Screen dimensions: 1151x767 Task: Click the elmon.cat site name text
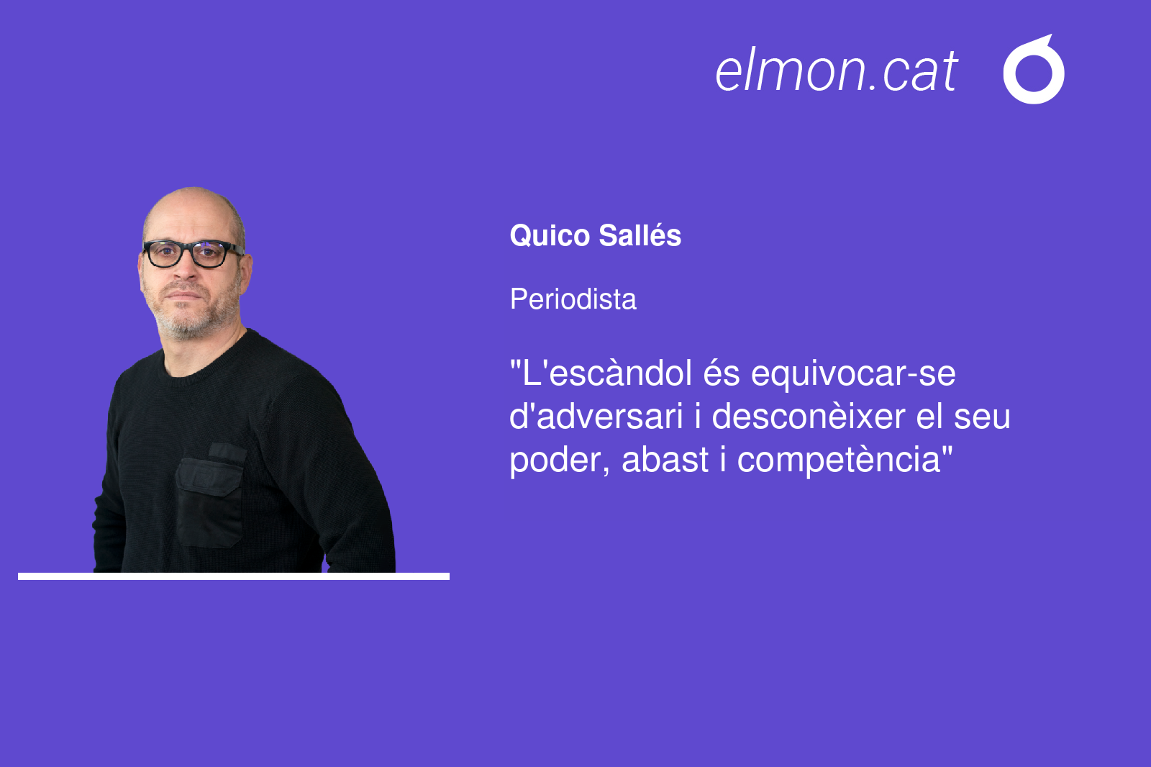pos(836,71)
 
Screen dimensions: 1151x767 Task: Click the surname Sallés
pos(640,236)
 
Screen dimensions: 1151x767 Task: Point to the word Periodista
pos(573,299)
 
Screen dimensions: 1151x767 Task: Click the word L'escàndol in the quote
pos(601,373)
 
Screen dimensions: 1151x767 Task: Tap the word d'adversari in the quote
pos(596,416)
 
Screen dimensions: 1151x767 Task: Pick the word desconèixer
pos(809,416)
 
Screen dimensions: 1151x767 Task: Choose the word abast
pos(665,459)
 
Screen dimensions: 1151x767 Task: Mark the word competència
pos(839,460)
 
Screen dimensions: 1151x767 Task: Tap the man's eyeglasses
pos(193,253)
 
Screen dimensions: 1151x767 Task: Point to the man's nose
pos(186,268)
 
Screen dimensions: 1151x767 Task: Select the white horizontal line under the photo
pos(234,576)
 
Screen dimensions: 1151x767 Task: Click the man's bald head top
pos(193,203)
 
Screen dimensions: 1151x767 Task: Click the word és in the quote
pos(722,373)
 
